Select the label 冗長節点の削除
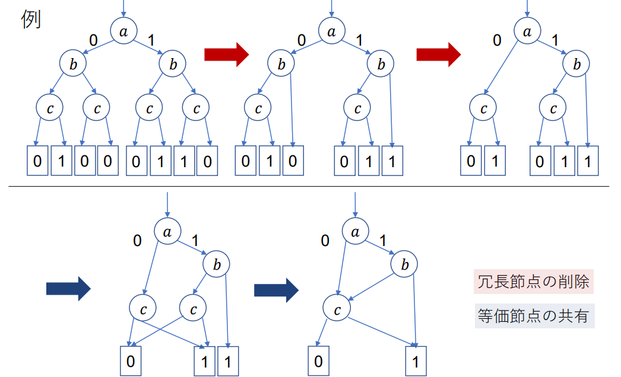[x=533, y=282]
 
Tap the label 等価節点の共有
[x=533, y=316]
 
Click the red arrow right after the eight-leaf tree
[x=226, y=55]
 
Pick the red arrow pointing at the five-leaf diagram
[x=438, y=55]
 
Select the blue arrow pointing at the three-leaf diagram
[x=68, y=289]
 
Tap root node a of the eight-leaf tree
[x=123, y=32]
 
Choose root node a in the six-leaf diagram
[x=331, y=32]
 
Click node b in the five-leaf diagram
[x=576, y=65]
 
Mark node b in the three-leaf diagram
[x=217, y=264]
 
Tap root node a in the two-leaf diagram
[x=356, y=232]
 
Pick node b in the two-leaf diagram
[x=404, y=264]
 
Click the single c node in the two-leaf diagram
[x=337, y=308]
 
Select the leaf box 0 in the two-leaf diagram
[x=319, y=360]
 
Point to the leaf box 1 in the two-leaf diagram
[x=416, y=360]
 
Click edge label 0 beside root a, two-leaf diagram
[x=325, y=241]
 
